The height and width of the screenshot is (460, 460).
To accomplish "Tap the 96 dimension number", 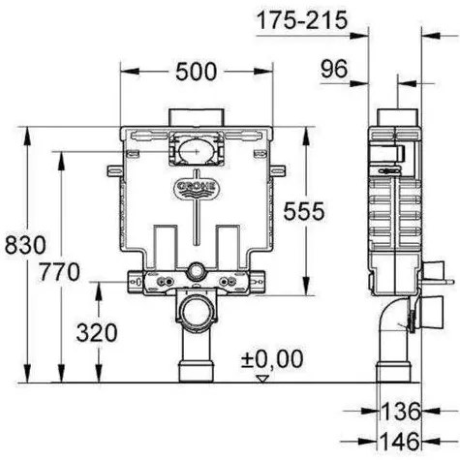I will point(335,69).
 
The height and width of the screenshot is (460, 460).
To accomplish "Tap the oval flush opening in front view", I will point(197,150).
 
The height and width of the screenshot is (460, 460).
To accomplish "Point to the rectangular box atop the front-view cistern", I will point(197,117).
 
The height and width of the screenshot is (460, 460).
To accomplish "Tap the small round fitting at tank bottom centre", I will point(197,272).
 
